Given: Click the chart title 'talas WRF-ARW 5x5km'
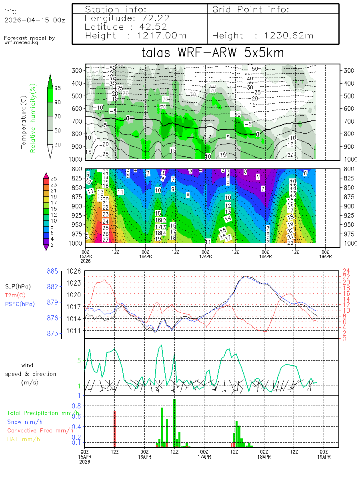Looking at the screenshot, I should [213, 53].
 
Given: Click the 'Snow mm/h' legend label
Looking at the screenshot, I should [25, 422].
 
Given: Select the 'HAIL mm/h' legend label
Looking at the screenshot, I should [24, 439].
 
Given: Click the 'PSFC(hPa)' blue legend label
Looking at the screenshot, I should [20, 304].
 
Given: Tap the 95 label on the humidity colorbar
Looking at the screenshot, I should [58, 88].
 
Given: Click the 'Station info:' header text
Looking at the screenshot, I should [116, 9].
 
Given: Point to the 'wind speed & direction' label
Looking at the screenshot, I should [31, 374].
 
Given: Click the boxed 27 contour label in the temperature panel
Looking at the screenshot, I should [106, 240].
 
